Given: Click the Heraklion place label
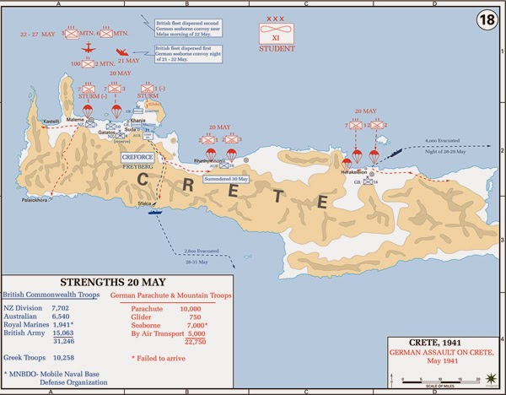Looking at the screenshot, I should [x=353, y=171].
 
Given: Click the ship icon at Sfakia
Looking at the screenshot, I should [x=156, y=212].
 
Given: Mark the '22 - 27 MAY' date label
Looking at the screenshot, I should [x=39, y=35].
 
